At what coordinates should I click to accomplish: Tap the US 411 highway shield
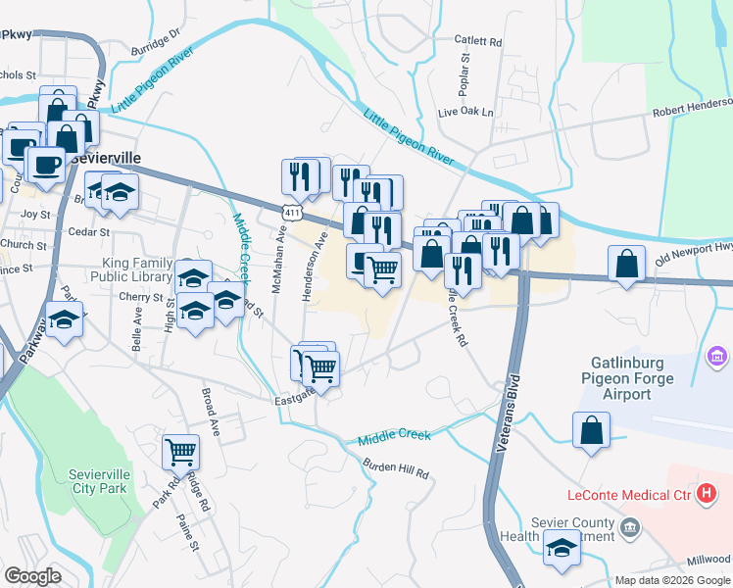tap(290, 213)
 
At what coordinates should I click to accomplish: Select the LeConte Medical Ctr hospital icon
tap(705, 495)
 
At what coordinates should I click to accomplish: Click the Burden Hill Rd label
tap(397, 470)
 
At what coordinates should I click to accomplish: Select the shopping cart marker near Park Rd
tap(180, 452)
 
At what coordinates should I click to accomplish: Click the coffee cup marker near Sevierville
tap(46, 163)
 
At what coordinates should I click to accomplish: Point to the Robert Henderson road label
tap(694, 104)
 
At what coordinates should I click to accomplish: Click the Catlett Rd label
tap(478, 42)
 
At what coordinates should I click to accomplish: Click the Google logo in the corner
tap(32, 576)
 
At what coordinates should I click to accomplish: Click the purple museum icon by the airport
tap(717, 354)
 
